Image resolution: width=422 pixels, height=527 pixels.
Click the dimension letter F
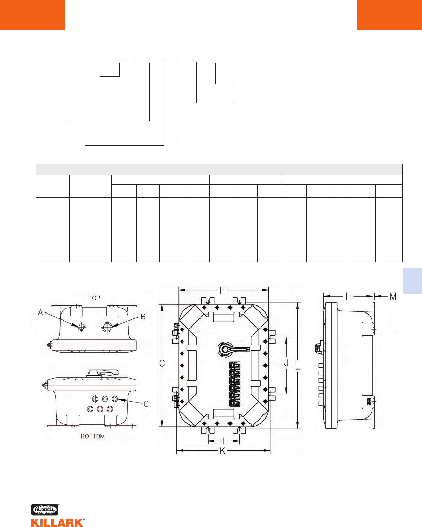point(222,290)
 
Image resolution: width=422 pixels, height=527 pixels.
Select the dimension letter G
point(162,364)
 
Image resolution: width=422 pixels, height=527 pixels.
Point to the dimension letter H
point(349,296)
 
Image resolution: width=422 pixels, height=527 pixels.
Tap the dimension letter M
point(393,296)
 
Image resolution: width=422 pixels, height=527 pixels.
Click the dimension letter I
point(223,441)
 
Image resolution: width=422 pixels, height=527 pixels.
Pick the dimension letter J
point(286,364)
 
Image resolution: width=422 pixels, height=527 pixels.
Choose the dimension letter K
point(222,451)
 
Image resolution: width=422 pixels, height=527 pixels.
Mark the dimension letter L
point(297,366)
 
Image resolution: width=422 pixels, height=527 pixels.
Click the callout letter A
point(40,312)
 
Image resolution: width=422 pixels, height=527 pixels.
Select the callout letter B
point(143,317)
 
